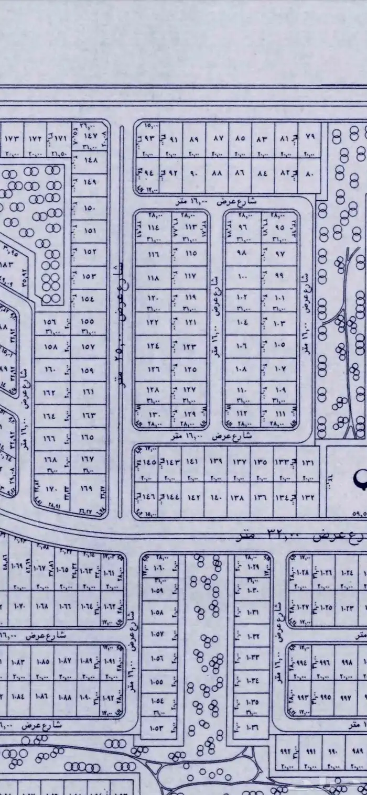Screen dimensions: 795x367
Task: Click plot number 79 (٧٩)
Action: click(309, 139)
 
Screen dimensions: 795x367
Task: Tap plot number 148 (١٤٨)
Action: click(90, 160)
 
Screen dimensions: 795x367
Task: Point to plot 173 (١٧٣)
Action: click(12, 139)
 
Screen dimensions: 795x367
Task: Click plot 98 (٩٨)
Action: click(241, 253)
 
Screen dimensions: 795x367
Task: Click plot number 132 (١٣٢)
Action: click(308, 496)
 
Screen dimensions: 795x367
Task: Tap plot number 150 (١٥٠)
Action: click(90, 208)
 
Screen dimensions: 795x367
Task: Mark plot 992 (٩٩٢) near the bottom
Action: click(285, 751)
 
